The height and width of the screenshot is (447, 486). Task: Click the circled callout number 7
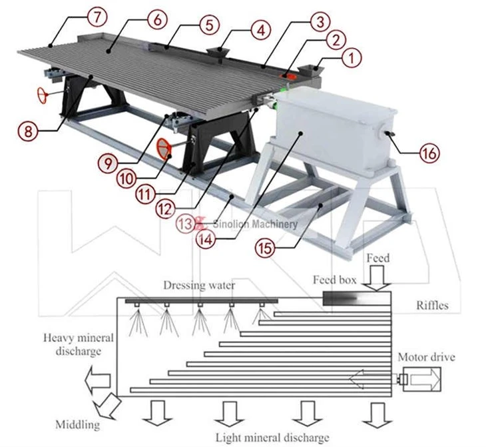coord(97,17)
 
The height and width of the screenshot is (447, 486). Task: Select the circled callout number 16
coord(429,153)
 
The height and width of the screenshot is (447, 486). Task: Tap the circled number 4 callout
coord(261,31)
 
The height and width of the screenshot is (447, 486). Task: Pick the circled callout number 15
coord(265,247)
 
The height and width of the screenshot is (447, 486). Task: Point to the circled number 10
coord(126,178)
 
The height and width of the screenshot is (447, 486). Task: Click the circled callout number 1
coord(351,58)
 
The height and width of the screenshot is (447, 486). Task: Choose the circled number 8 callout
coord(28,131)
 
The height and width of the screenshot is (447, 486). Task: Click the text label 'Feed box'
coord(334,280)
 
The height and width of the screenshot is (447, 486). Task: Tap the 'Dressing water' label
coord(199,285)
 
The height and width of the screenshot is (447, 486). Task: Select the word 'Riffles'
coord(432,305)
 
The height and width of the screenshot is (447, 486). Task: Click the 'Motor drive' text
coord(426,356)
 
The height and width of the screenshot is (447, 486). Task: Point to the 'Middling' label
coord(78,424)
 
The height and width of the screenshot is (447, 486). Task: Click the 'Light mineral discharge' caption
coord(272,438)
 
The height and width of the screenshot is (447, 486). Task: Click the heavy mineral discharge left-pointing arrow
coord(98,379)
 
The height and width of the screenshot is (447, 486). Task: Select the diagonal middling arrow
coord(107,406)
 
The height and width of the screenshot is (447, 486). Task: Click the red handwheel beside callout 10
coord(164,149)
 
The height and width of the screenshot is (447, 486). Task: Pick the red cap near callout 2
coord(289,76)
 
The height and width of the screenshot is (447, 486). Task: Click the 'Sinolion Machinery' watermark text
coord(255,224)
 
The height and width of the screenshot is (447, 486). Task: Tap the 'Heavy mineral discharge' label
coord(79,344)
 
